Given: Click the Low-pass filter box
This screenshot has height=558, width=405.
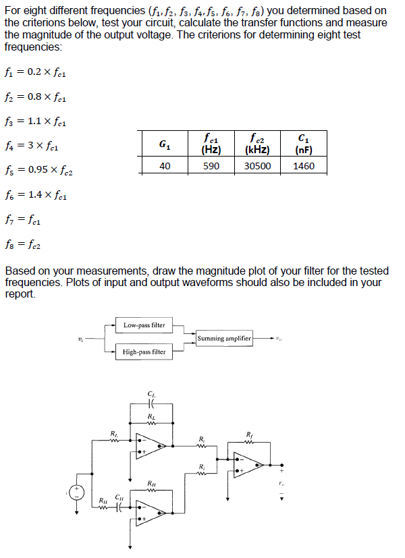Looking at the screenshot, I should click(144, 325).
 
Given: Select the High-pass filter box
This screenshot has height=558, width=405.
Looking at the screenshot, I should click(144, 352).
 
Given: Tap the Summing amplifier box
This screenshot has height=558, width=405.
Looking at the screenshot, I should click(224, 337).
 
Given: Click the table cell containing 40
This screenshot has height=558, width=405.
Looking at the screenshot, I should click(164, 166).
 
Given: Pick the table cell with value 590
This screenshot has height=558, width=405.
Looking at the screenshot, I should click(211, 166).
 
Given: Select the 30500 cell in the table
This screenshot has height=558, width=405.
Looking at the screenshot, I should click(257, 166).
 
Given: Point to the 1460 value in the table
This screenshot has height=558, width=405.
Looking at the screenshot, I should click(304, 166).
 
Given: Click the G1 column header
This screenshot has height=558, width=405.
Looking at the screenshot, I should click(164, 144).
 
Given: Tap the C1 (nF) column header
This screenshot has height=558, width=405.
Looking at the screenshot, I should click(304, 144).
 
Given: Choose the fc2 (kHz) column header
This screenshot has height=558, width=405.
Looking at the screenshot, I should click(257, 144).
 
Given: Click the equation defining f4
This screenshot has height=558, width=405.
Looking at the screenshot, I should click(32, 145).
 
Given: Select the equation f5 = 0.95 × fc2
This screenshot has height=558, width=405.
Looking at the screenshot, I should click(38, 170).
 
